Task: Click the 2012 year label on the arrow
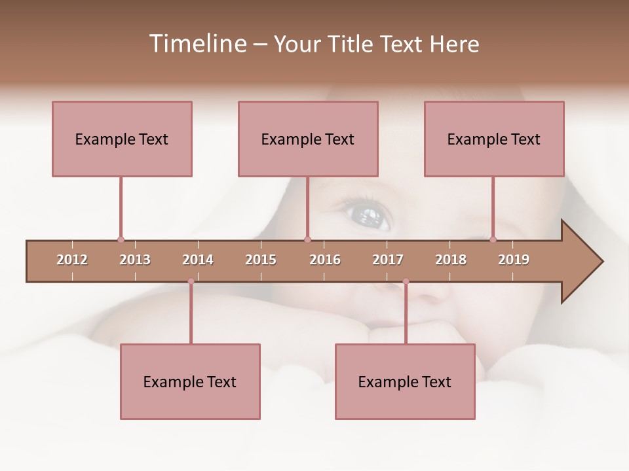coord(72,260)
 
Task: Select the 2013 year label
coord(135,260)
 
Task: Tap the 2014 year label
coord(198,260)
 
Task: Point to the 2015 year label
coord(261,260)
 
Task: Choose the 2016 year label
coord(325,260)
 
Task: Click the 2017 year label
coord(388,260)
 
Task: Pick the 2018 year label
coord(451,260)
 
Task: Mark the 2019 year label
coord(514,260)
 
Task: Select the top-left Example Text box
coord(122,139)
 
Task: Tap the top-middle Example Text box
coord(308,139)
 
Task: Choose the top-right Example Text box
coord(494,139)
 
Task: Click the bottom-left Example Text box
coord(190,381)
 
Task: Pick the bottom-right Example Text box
coord(405,381)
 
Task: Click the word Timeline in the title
coord(197,44)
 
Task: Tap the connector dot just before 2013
coord(121,239)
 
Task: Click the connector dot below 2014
coord(191,281)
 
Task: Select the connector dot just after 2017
coord(406,281)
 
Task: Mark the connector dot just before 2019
coord(493,239)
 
